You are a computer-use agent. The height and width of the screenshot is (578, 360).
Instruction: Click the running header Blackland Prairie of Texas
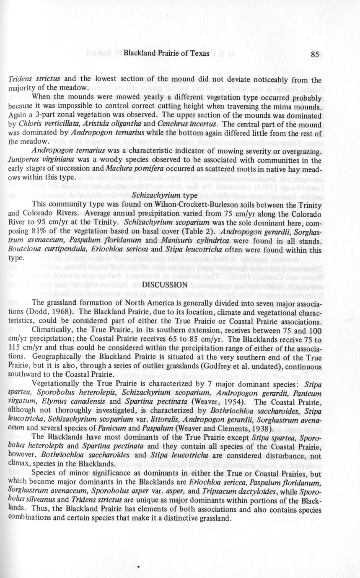pyautogui.click(x=163, y=54)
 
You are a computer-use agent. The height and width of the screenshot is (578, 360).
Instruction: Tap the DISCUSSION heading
pyautogui.click(x=164, y=285)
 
